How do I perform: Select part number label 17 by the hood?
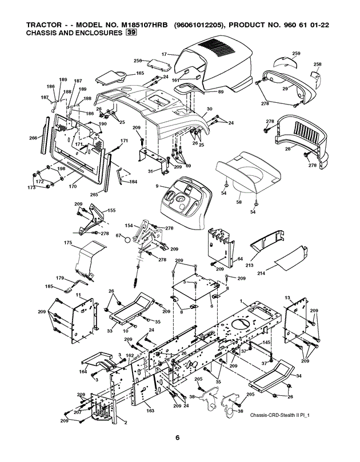(164, 54)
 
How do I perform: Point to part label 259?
(296, 53)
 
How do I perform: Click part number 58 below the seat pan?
(239, 202)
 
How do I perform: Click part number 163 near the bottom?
(150, 410)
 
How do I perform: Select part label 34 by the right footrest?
(298, 375)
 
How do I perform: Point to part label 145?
(266, 343)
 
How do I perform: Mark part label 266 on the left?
(33, 138)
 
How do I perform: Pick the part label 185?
(49, 286)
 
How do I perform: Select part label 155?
(111, 211)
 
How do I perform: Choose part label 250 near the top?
(138, 61)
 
